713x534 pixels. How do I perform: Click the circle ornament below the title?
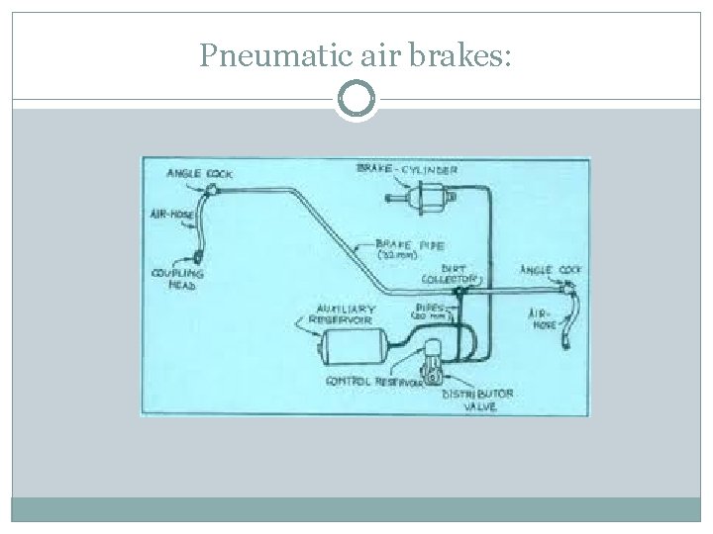[x=356, y=100]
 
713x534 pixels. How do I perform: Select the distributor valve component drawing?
[x=433, y=364]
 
